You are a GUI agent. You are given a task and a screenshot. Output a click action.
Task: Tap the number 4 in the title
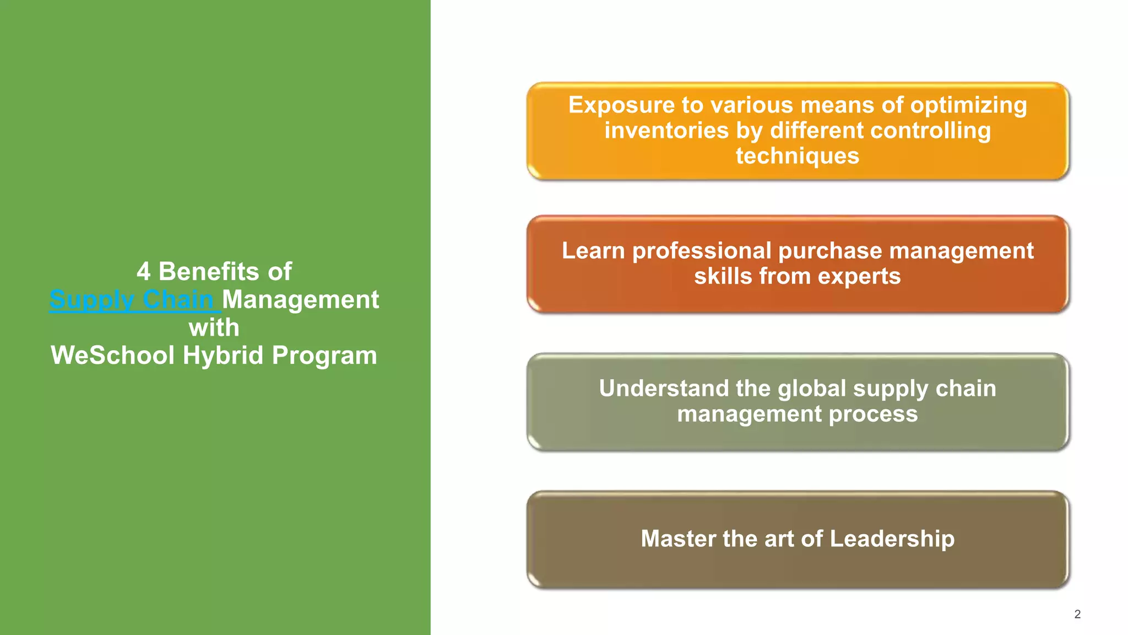(143, 272)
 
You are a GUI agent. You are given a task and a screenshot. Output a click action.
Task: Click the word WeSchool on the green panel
(113, 356)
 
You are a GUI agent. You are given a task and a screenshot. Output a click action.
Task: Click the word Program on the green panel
(324, 356)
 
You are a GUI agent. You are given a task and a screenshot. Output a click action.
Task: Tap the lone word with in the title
(214, 328)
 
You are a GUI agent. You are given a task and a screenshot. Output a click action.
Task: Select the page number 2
(1077, 614)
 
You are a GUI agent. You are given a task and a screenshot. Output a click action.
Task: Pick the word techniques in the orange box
(797, 156)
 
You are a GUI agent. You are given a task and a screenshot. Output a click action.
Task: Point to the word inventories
(666, 131)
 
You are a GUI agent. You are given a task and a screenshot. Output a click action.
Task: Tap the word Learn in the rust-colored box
(593, 251)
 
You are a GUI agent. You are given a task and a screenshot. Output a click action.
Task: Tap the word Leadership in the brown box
(892, 539)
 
